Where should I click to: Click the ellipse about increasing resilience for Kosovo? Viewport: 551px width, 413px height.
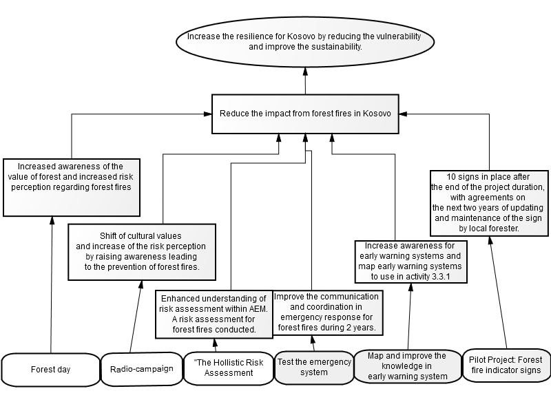305,41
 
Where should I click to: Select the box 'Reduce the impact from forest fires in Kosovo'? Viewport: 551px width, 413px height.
305,114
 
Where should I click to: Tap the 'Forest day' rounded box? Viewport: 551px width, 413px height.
50,370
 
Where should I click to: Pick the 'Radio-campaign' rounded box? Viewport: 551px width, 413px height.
142,369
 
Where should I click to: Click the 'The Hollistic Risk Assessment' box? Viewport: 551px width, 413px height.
229,368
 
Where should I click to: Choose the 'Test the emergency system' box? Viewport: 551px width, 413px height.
314,368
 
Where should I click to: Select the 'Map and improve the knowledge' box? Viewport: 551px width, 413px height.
408,366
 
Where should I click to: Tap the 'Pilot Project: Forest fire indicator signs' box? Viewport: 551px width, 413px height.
506,366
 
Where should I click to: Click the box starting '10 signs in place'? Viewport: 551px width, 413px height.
489,203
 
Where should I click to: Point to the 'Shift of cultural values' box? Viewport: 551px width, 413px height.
142,252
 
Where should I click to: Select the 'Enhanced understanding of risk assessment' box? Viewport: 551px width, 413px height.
214,315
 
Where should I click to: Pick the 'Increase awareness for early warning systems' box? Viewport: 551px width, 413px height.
410,262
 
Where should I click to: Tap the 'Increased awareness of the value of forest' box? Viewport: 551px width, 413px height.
72,187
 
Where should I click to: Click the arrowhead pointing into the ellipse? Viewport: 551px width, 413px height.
305,72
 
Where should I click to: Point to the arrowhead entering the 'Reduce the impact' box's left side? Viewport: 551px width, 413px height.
208,114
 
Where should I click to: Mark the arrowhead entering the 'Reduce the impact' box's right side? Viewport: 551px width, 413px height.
404,114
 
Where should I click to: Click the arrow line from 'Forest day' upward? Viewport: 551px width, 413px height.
52,285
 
